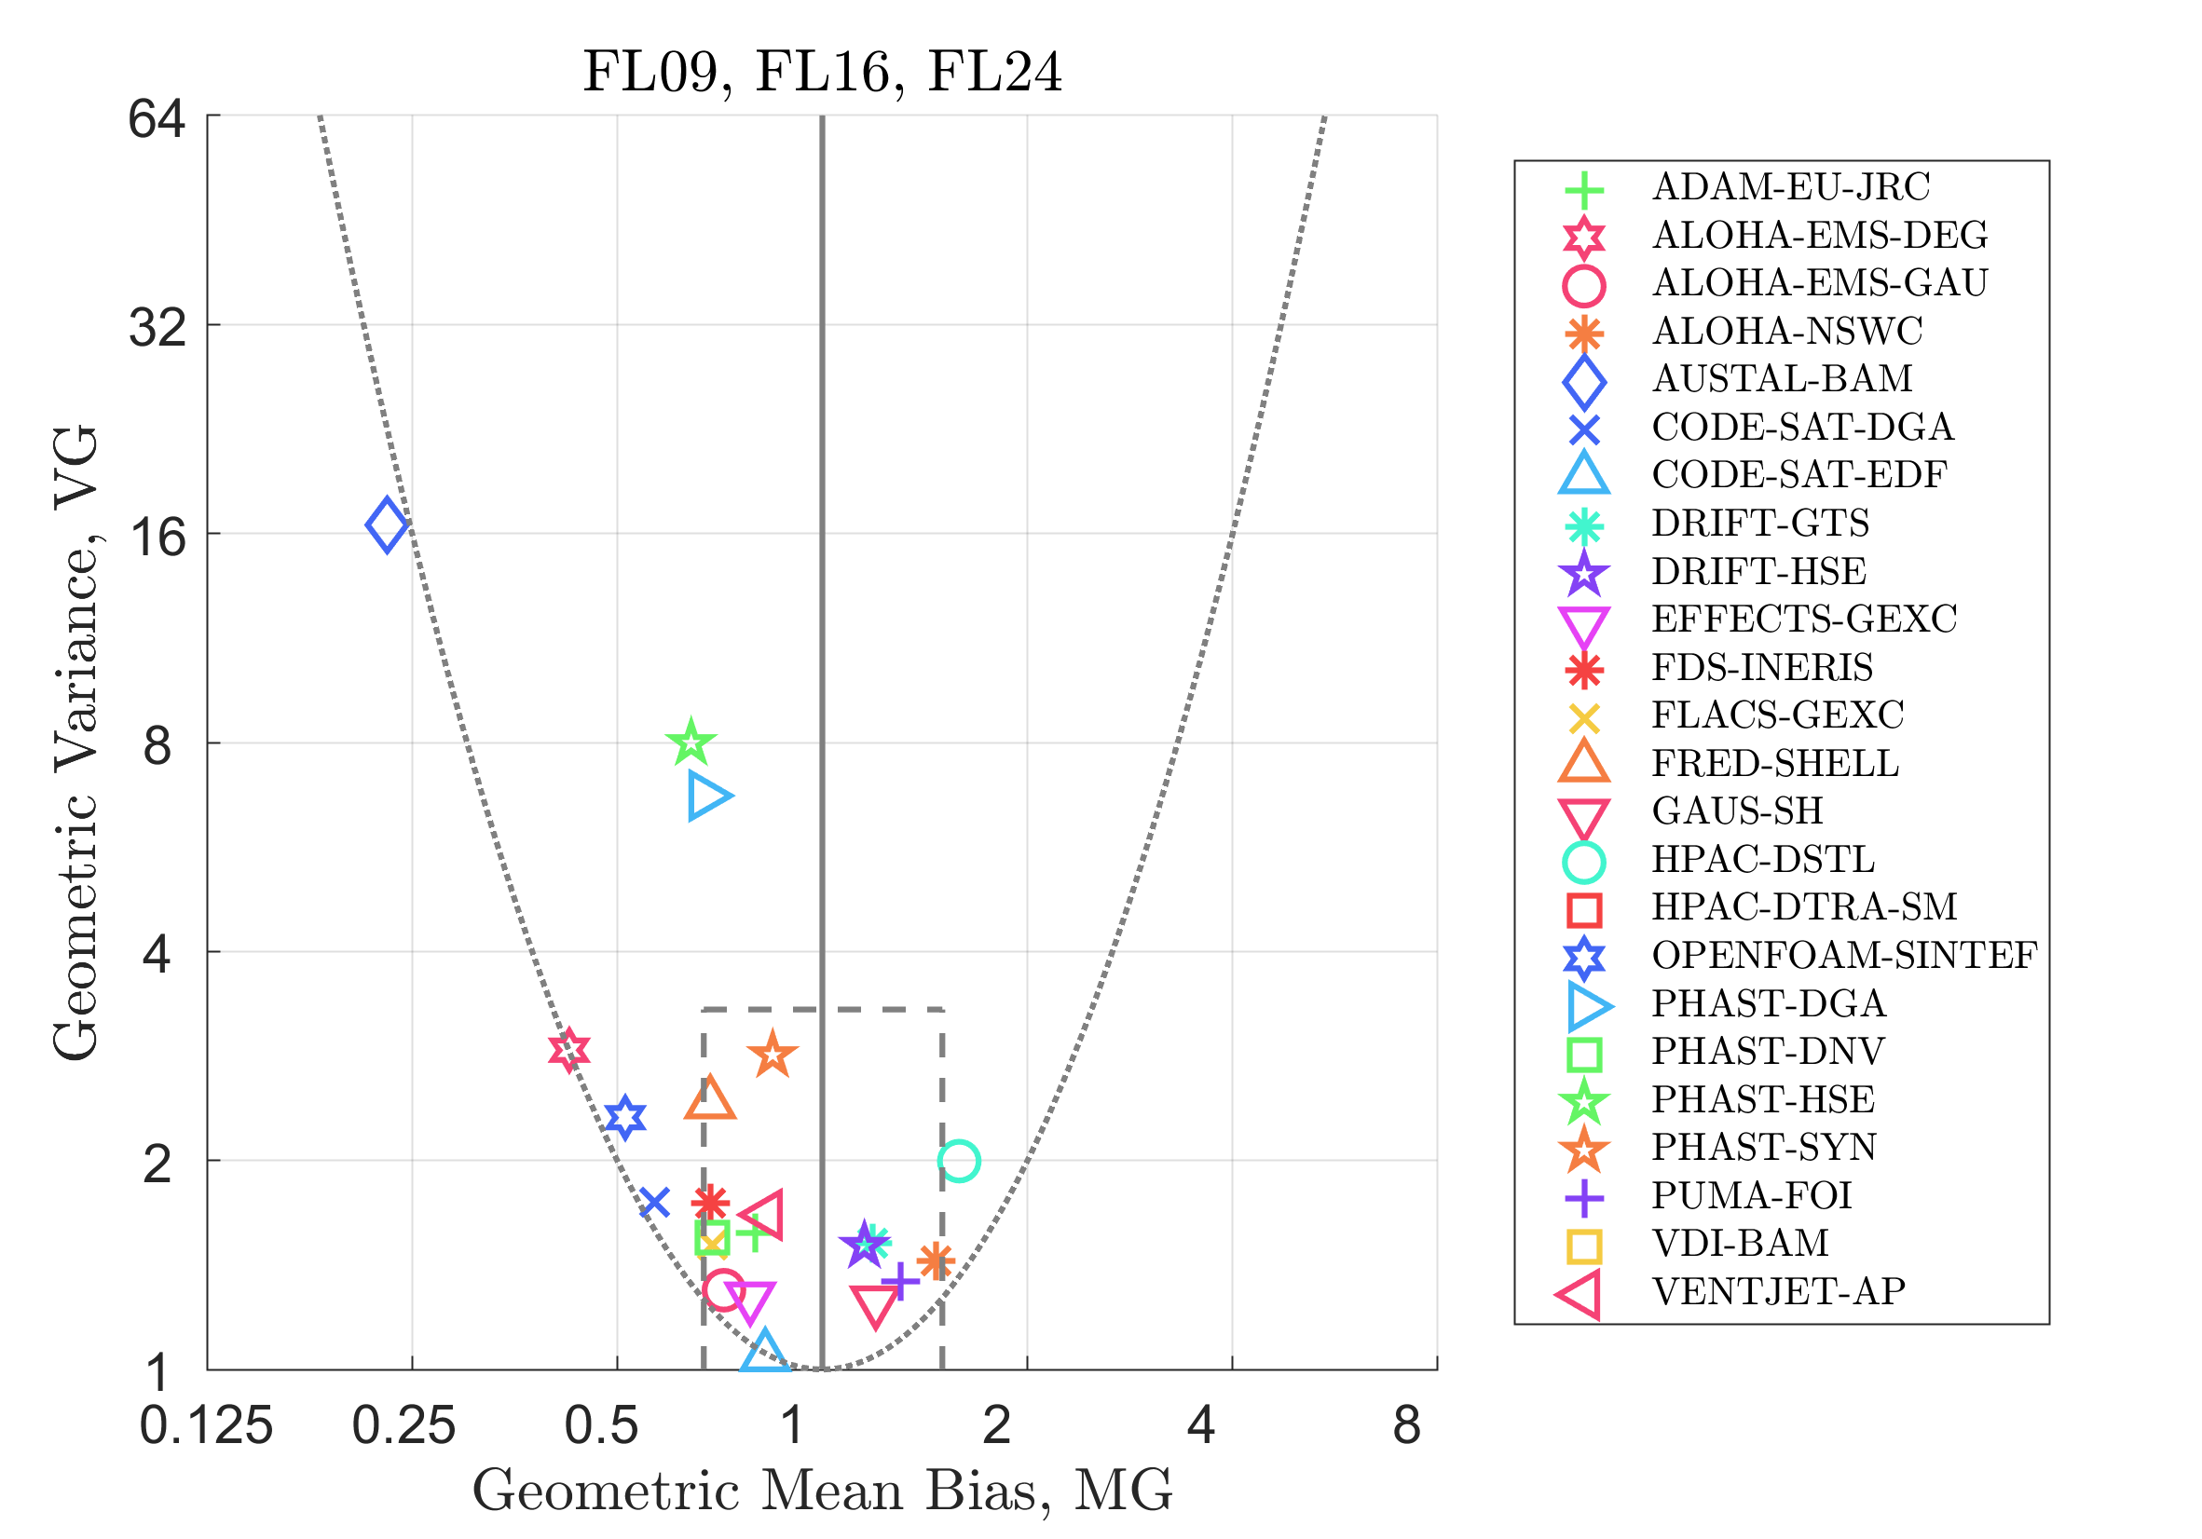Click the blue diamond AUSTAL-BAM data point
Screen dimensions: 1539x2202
(388, 525)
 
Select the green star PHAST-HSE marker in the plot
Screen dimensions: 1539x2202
(691, 743)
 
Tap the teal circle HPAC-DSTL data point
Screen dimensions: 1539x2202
(959, 1161)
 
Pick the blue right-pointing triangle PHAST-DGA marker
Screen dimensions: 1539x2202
(708, 796)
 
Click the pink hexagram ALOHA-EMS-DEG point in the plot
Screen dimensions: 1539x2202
(568, 1050)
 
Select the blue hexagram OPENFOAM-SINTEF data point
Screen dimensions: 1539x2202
(625, 1117)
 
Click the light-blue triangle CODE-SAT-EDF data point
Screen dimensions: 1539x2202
(764, 1352)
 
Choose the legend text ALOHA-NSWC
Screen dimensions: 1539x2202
(1787, 332)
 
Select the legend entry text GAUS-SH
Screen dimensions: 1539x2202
(1737, 811)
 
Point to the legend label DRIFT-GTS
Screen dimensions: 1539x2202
(1761, 524)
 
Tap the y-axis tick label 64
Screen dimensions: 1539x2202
(157, 119)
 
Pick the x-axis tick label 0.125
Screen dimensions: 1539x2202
(206, 1427)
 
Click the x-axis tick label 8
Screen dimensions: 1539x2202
(1407, 1427)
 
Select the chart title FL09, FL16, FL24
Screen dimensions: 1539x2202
(823, 72)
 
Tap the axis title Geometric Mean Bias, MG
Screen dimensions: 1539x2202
(823, 1492)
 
